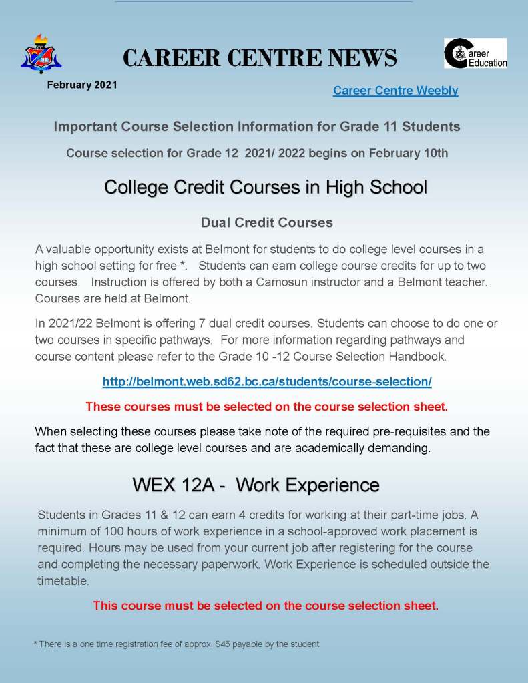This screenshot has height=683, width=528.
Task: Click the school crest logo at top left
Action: [x=41, y=54]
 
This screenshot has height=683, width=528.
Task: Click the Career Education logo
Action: [x=475, y=53]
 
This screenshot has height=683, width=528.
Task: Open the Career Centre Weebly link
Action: [x=395, y=91]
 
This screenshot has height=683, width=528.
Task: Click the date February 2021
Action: [x=82, y=85]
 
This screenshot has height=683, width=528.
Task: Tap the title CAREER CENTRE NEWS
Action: [x=260, y=59]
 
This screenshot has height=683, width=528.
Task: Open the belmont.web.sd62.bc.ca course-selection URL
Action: [x=267, y=382]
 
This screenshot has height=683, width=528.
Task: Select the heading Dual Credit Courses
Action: [x=266, y=222]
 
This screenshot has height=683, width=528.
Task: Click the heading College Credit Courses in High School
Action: [x=265, y=187]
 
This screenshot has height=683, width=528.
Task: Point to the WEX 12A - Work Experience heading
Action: [x=256, y=485]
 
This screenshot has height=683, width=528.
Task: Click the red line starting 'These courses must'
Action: [x=266, y=406]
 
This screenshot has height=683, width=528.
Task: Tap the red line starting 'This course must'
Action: [x=266, y=606]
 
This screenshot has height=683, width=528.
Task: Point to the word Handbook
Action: [x=418, y=357]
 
